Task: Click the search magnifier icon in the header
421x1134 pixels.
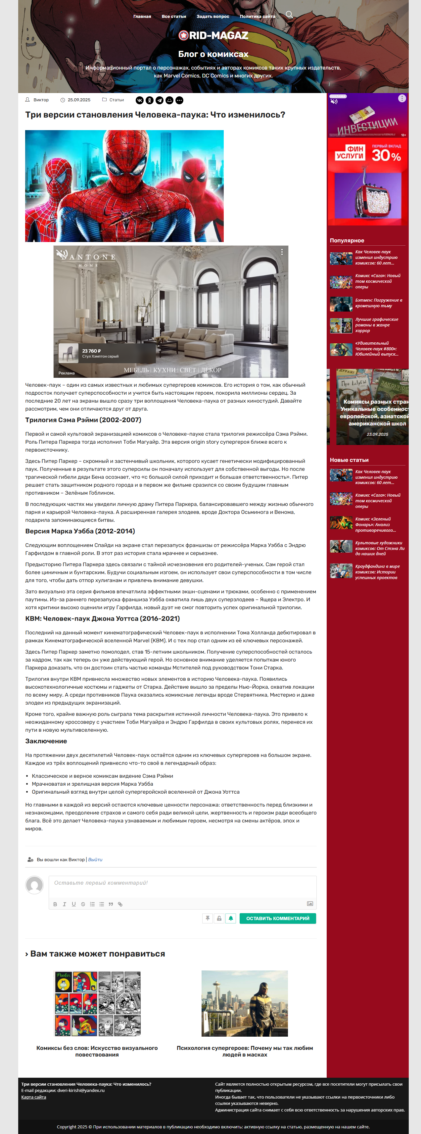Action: (x=289, y=15)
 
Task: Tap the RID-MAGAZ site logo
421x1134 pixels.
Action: (x=213, y=35)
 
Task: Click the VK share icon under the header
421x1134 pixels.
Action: (x=139, y=100)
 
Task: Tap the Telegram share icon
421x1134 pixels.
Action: (x=159, y=100)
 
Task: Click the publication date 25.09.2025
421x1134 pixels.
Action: (x=79, y=100)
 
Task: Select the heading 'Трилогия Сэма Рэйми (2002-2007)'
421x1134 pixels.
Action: (x=83, y=420)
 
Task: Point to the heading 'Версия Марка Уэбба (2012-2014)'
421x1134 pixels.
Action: (x=80, y=531)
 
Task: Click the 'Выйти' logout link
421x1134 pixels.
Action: (x=95, y=859)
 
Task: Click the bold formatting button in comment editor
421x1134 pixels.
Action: (x=55, y=904)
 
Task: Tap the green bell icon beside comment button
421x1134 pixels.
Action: (x=230, y=918)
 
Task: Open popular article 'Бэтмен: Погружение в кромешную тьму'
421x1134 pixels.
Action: (x=378, y=303)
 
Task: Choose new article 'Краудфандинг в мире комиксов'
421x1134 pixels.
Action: (x=378, y=572)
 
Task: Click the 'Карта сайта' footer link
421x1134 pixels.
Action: (x=33, y=1097)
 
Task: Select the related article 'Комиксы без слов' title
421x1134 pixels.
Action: (x=97, y=1051)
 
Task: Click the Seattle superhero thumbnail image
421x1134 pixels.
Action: (x=245, y=1003)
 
